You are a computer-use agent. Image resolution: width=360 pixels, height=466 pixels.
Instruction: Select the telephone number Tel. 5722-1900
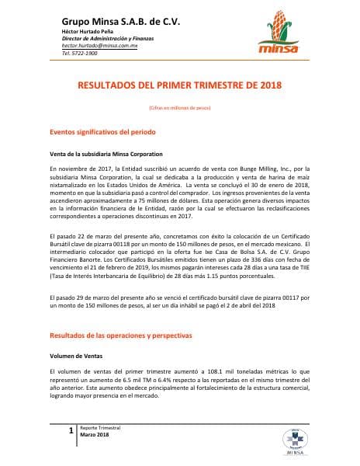point(79,54)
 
